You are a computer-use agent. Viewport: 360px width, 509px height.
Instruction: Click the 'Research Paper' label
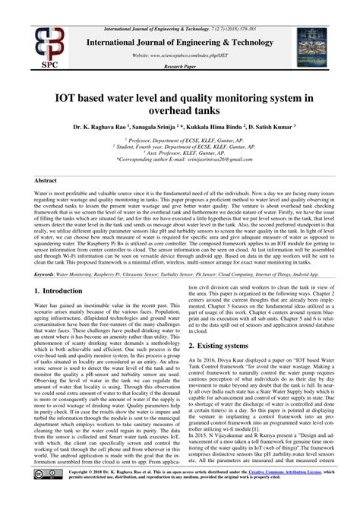pos(180,67)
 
